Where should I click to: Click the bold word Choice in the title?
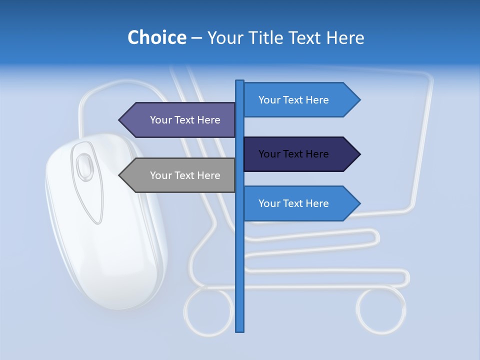point(156,37)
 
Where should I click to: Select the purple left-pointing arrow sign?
point(180,120)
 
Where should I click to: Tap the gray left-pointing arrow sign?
point(180,175)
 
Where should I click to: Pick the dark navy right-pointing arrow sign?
point(300,154)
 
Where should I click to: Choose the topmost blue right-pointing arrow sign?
point(300,100)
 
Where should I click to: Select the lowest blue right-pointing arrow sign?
point(300,203)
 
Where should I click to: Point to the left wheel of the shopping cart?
point(208,310)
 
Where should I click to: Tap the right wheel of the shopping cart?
point(381,310)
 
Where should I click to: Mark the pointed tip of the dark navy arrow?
point(359,154)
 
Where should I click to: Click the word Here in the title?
point(345,37)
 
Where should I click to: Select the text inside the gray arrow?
point(185,175)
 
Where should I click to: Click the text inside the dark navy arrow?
point(293,154)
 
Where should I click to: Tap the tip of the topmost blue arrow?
point(359,100)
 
